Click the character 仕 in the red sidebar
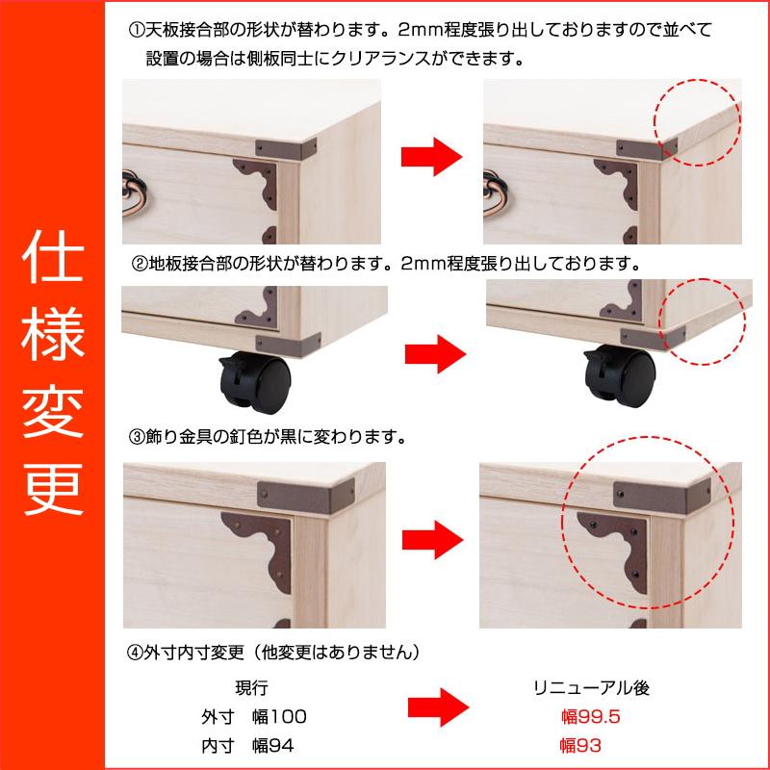point(53,257)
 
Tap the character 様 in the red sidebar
point(53,334)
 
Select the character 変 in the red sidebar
point(53,412)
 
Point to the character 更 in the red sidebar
point(53,488)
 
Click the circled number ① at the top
point(137,31)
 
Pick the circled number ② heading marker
point(140,265)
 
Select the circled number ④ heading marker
point(135,653)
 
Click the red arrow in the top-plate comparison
point(431,157)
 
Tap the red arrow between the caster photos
point(435,354)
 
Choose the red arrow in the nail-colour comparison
point(432,540)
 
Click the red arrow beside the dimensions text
point(439,707)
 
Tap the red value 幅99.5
point(591,717)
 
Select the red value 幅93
point(580,746)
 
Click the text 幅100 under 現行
point(279,717)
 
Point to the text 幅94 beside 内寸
point(273,746)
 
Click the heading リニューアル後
point(592,688)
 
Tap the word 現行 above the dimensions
point(251,688)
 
